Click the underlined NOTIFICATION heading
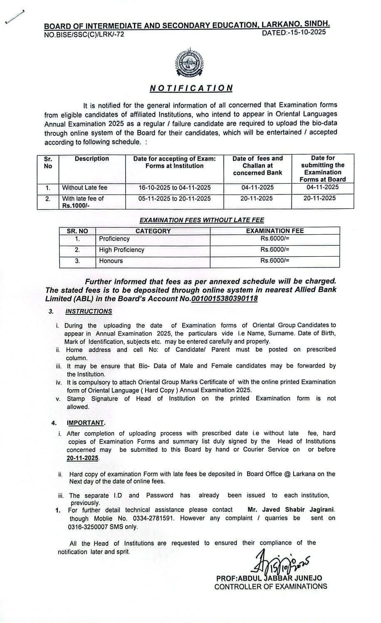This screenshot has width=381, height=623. (x=191, y=88)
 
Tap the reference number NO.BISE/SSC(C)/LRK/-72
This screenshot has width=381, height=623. (x=84, y=34)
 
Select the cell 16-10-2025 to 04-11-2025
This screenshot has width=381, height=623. (x=175, y=187)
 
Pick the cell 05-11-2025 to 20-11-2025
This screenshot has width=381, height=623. (x=175, y=199)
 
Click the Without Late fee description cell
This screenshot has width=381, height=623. (x=85, y=187)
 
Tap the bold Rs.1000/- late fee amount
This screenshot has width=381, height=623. (x=77, y=205)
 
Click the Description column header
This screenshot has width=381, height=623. (x=92, y=159)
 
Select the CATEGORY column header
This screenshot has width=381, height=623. (x=153, y=231)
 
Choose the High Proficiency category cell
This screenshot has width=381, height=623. (x=121, y=250)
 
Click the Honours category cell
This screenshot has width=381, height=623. (x=111, y=261)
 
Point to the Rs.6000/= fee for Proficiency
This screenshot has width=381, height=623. (x=275, y=239)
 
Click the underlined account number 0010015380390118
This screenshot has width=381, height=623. (x=224, y=299)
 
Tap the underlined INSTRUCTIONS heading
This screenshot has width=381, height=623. (x=89, y=311)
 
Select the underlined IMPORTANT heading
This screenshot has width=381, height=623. (x=86, y=423)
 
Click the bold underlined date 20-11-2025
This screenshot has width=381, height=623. (x=83, y=458)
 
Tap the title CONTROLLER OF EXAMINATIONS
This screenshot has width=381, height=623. (x=270, y=586)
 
